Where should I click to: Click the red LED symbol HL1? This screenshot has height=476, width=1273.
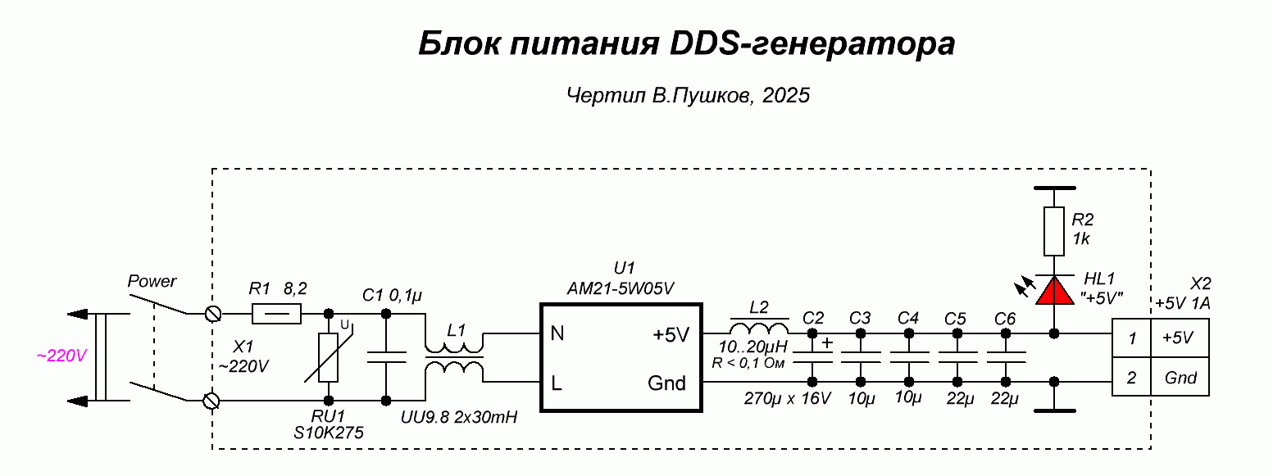click(1054, 291)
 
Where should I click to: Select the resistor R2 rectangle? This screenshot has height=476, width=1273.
click(1054, 231)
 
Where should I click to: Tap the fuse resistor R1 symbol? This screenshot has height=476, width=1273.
click(276, 313)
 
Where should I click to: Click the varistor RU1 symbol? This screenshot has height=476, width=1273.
click(329, 358)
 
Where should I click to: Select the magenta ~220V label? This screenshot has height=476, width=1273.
click(61, 356)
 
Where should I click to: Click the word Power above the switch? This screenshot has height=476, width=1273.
click(152, 281)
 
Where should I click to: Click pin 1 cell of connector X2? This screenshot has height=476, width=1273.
click(1132, 338)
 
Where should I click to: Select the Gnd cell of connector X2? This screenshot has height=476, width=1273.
click(1180, 378)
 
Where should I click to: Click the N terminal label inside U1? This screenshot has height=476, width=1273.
click(557, 334)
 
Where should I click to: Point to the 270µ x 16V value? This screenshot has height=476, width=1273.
click(788, 400)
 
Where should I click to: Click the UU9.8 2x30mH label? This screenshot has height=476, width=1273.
click(459, 418)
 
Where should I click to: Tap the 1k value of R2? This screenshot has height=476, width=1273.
click(1081, 238)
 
